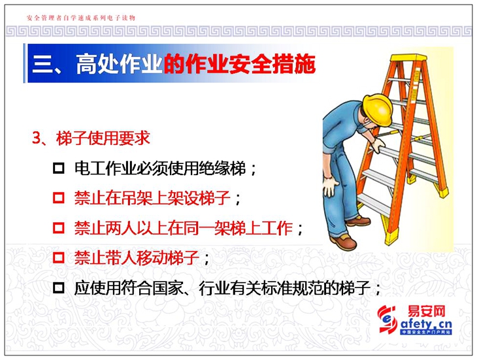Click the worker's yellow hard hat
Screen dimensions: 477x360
378,109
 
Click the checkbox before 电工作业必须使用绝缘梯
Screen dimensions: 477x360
59,168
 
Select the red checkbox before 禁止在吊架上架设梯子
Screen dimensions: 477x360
59,198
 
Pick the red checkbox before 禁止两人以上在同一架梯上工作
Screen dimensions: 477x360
59,228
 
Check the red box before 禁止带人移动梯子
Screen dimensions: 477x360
59,257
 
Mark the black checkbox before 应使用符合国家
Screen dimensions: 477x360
59,287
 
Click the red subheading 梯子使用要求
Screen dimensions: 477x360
103,139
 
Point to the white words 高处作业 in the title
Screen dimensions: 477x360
119,64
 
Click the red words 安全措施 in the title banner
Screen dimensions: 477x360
272,64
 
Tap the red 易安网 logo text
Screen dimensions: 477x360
426,312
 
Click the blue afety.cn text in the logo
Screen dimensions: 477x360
426,324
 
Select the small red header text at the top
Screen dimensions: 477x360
81,18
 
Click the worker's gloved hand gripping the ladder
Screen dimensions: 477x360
378,145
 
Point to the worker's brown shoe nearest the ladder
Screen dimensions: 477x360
359,221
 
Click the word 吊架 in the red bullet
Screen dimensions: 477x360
137,198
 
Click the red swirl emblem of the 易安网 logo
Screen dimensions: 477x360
387,319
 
